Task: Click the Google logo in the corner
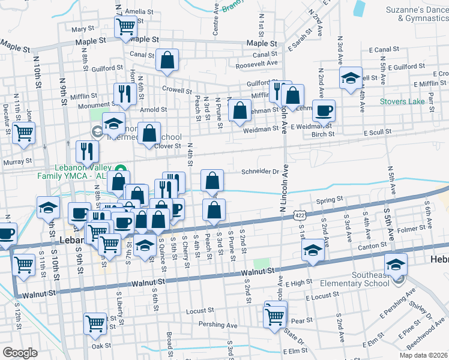coord(20,352)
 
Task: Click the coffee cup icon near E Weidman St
coord(324,110)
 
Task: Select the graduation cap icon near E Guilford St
coord(351,78)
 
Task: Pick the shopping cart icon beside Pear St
coord(275,315)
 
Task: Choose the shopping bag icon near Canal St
coord(167,60)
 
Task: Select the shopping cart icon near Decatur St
coord(23,133)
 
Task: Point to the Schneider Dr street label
coord(260,171)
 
